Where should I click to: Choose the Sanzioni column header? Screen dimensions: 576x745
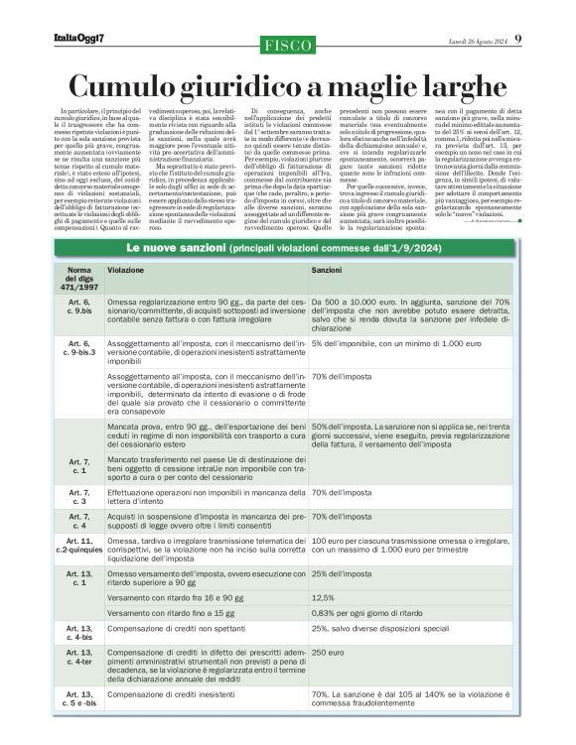[x=328, y=269]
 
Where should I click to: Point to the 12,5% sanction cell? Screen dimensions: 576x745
[x=323, y=598]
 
